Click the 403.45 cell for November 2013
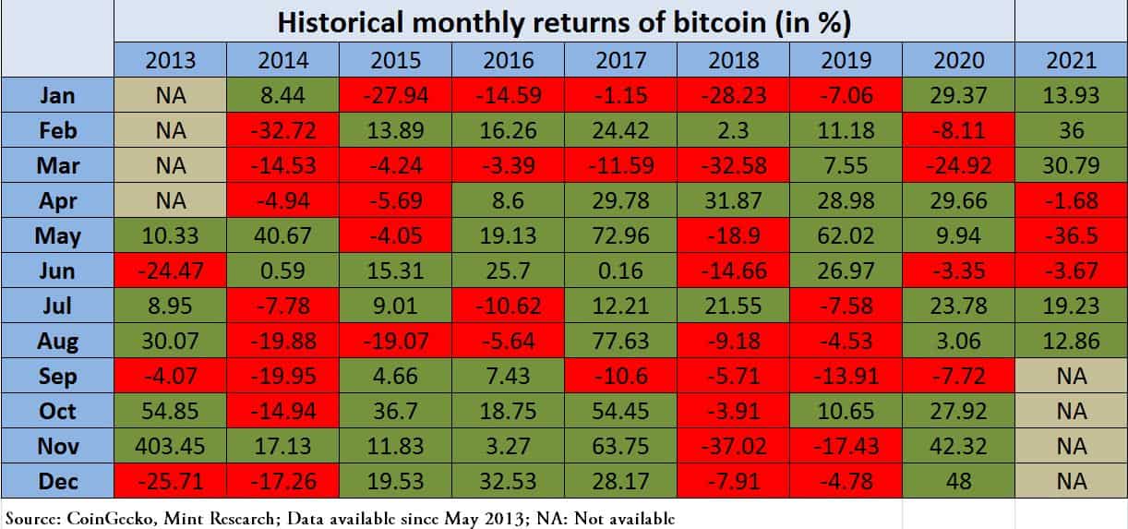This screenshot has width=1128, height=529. tap(171, 446)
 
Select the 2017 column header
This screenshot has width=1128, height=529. tap(621, 60)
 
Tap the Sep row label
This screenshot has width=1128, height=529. tap(57, 376)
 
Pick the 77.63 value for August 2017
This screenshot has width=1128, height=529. tap(621, 341)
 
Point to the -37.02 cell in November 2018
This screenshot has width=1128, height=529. tap(734, 446)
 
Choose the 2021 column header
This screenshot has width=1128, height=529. tap(1071, 60)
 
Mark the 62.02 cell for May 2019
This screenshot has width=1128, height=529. tap(846, 235)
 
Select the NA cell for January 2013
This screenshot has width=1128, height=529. tap(171, 95)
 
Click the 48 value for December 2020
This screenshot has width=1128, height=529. tap(959, 481)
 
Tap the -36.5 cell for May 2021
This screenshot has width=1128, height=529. tap(1071, 235)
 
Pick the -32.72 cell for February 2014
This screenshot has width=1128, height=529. tap(283, 130)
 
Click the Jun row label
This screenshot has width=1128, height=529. tap(57, 271)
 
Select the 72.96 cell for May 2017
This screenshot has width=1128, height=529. tap(621, 235)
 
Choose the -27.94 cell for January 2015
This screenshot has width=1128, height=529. tap(396, 95)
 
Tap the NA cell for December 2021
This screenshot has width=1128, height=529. tap(1071, 481)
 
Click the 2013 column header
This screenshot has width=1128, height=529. tap(171, 60)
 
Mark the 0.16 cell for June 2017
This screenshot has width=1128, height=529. tap(621, 271)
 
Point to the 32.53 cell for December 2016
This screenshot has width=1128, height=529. tap(509, 481)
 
